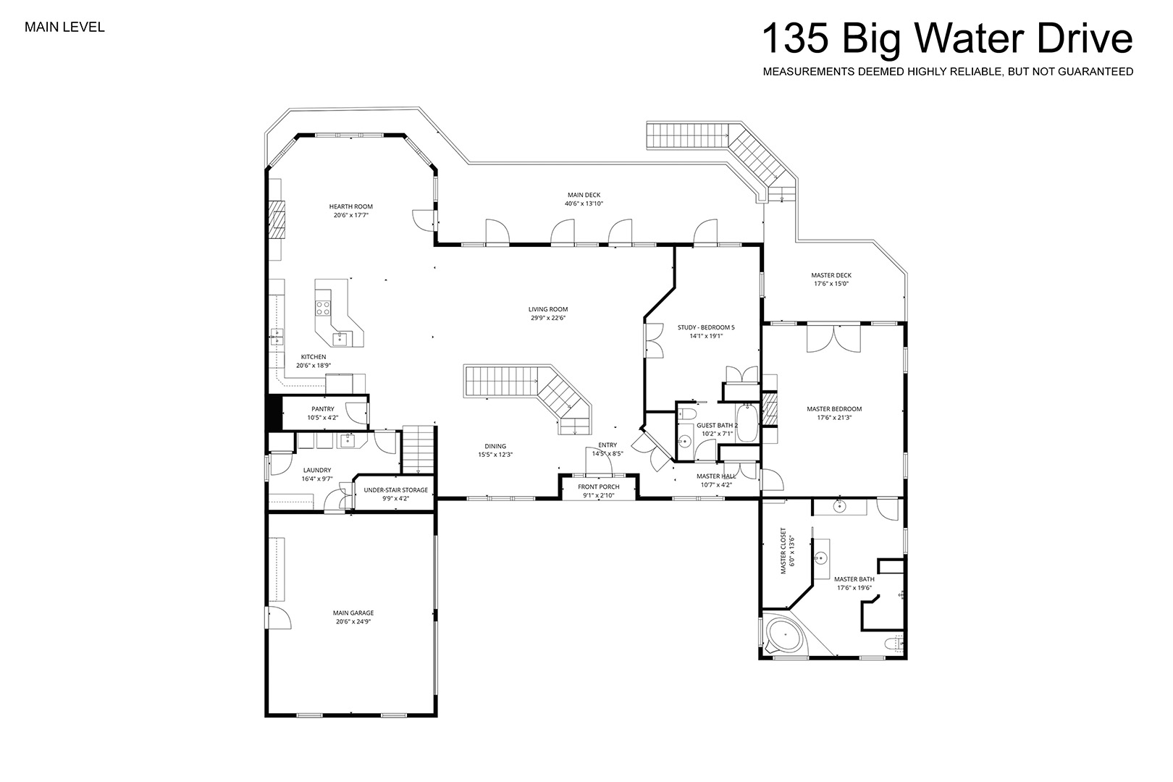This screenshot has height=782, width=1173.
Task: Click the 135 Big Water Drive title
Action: pos(947,39)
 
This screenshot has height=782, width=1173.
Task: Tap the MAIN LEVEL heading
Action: pos(64,28)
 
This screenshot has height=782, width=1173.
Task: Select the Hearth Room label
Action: pos(351,206)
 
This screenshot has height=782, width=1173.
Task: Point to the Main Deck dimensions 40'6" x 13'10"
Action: pos(584,203)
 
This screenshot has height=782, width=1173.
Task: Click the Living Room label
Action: pos(547,309)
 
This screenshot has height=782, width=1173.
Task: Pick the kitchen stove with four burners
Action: pos(323,308)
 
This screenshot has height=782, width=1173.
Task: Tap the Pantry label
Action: pos(323,409)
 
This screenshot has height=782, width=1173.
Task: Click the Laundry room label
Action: pos(317,471)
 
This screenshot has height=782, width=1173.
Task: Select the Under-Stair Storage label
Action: pos(396,490)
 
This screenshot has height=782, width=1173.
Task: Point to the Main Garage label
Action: pos(353,613)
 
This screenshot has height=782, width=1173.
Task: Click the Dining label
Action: pos(495,446)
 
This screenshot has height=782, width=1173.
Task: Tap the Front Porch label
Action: pos(599,487)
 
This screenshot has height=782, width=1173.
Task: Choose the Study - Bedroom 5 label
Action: pos(706,327)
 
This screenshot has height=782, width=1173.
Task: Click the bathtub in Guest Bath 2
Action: pos(747,423)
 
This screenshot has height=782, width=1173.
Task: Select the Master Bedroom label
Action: pos(834,409)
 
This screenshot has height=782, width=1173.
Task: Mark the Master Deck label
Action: pos(831,275)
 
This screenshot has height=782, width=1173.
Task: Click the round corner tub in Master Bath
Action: pos(785,635)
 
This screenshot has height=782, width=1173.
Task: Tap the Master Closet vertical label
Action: pos(783,550)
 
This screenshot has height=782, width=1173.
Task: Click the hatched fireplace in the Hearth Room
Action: pos(277,220)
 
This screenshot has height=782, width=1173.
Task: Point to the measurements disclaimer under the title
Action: pos(948,72)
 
